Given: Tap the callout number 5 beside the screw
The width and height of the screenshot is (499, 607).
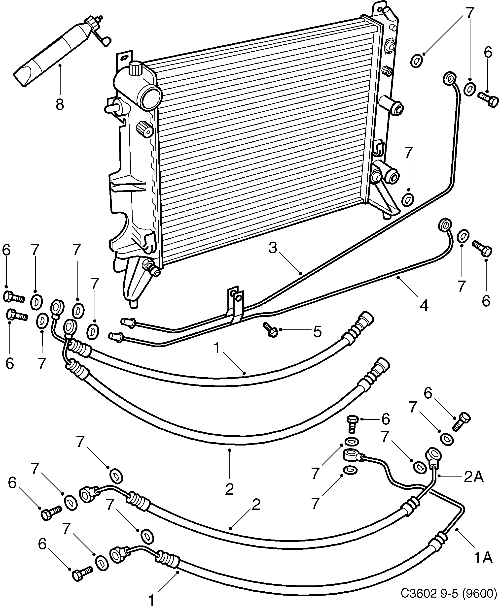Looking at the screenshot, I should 317,331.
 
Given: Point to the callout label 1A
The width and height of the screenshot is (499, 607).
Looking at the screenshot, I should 483,558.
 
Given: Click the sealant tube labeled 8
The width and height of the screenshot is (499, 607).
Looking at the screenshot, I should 55,52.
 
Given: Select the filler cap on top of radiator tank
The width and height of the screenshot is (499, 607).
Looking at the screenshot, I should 135,68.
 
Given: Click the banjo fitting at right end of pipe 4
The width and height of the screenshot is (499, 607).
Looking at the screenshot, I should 444,225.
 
